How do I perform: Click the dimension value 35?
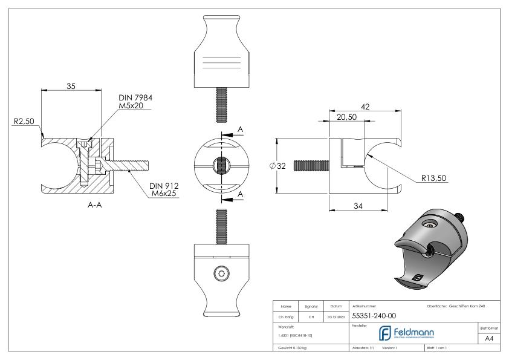(71, 86)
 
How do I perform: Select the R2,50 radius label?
(23, 122)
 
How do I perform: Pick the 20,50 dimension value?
(346, 117)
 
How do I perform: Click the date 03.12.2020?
(335, 315)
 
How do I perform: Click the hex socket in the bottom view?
(223, 274)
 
